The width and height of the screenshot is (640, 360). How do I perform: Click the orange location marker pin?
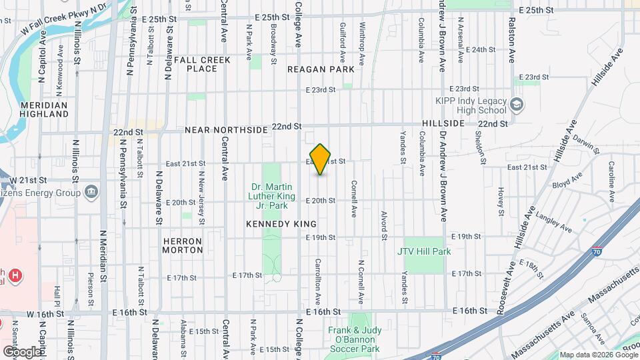pos(321,159)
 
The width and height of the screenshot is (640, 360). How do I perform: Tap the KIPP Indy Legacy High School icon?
pos(517,105)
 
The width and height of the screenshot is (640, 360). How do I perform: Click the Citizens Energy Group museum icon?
pos(91,193)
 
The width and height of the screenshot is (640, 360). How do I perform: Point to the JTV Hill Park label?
pos(424,251)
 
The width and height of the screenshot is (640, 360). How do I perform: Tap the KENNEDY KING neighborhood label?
pos(281,224)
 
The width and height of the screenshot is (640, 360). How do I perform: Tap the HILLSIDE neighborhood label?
pos(443,124)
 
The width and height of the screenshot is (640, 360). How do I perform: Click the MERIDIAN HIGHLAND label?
pos(45,109)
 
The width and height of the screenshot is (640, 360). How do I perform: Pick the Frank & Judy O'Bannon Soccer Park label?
pos(353,339)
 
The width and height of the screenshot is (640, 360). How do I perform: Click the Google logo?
pos(22,351)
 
